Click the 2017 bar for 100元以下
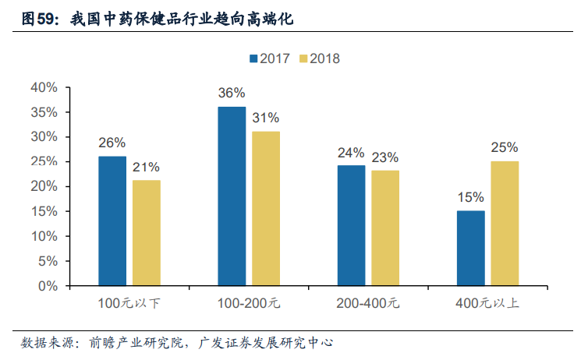pyautogui.click(x=112, y=221)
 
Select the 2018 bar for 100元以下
pyautogui.click(x=147, y=233)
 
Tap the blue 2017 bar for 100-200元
pyautogui.click(x=232, y=196)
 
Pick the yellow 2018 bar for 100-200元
pyautogui.click(x=266, y=209)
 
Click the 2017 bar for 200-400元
pyautogui.click(x=351, y=226)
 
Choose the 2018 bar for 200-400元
pyautogui.click(x=385, y=228)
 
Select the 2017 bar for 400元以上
pyautogui.click(x=470, y=248)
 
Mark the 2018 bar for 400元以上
pyautogui.click(x=505, y=224)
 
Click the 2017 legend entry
pyautogui.click(x=269, y=58)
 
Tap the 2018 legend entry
pyautogui.click(x=317, y=58)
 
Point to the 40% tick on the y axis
pyautogui.click(x=44, y=87)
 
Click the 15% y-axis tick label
pyautogui.click(x=44, y=211)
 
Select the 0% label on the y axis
pyautogui.click(x=48, y=286)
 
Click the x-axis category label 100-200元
pyautogui.click(x=248, y=302)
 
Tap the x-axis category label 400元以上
pyautogui.click(x=487, y=302)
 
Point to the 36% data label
pyautogui.click(x=232, y=94)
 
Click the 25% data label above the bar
pyautogui.click(x=505, y=147)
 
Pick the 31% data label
pyautogui.click(x=266, y=118)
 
